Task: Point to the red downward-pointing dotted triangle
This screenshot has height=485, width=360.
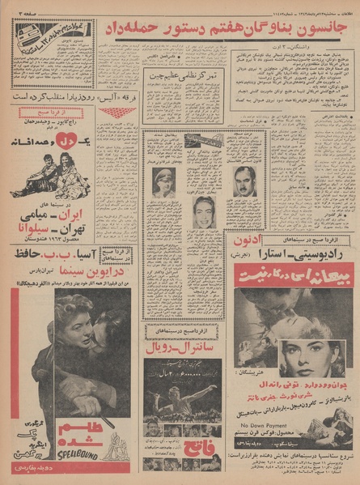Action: (x=117, y=112)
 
